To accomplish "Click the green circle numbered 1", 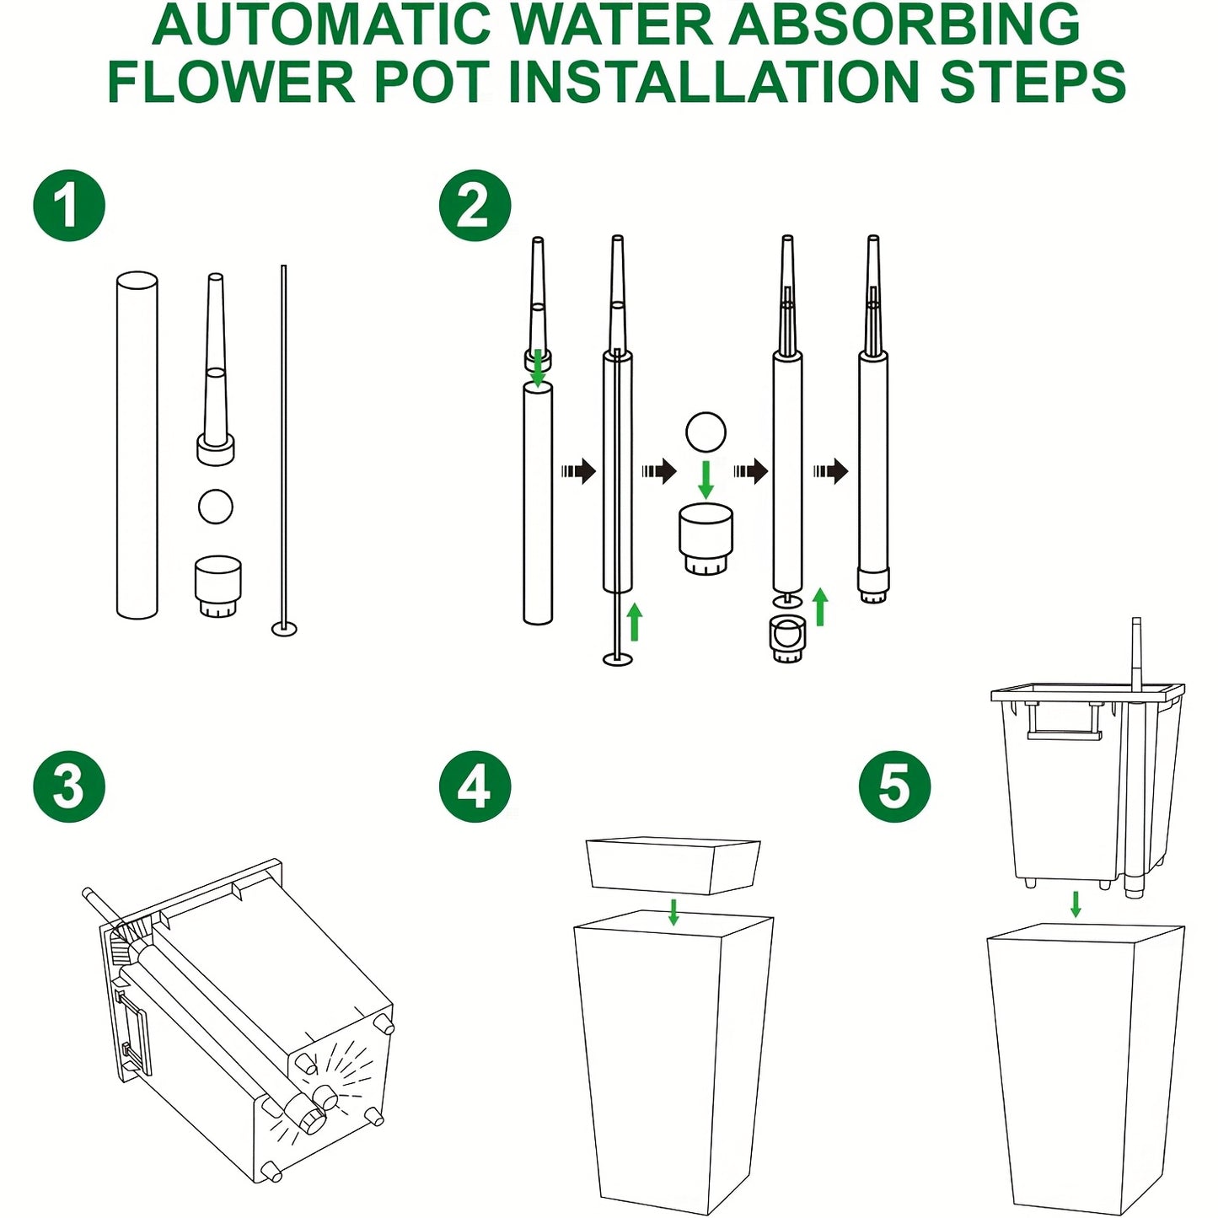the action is (x=69, y=205).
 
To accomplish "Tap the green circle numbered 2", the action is (x=475, y=205).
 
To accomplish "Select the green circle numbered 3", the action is (x=69, y=786).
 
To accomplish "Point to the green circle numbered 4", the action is (x=475, y=786).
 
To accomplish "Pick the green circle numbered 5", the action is (x=894, y=786).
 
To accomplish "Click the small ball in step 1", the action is (x=216, y=506).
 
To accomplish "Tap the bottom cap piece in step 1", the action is (x=218, y=585).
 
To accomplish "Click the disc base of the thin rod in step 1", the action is (x=284, y=628).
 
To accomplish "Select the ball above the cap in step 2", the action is (x=706, y=431).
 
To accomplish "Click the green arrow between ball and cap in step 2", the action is (x=706, y=479).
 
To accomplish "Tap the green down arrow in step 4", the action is (x=673, y=912).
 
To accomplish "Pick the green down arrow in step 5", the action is (x=1076, y=904).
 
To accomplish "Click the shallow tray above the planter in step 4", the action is (x=673, y=866).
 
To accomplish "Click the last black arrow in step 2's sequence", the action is (x=830, y=471).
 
